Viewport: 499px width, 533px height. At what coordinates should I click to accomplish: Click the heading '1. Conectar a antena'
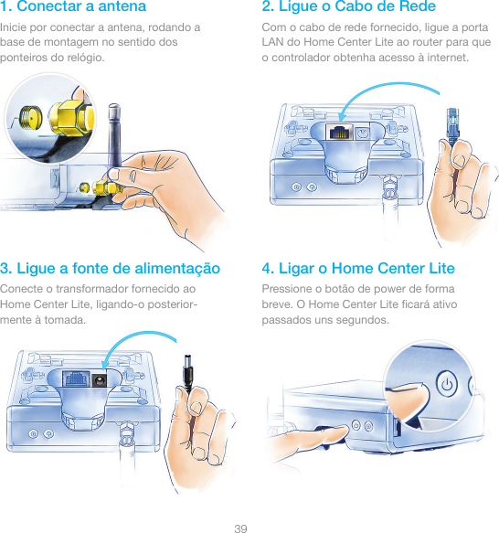pos(73,6)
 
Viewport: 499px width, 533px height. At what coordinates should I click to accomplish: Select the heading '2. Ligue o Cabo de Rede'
pos(349,6)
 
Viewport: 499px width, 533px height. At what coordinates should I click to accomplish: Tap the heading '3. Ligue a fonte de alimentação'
pos(111,269)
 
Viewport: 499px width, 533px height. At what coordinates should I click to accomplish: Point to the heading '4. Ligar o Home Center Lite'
pos(358,268)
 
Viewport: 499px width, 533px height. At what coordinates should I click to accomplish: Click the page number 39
pos(240,528)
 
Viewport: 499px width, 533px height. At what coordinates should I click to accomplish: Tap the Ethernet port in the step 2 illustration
pos(339,132)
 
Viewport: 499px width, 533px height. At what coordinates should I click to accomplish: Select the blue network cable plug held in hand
pos(452,125)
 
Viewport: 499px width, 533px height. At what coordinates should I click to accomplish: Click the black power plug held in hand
pos(188,371)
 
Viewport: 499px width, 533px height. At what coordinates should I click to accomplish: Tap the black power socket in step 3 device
pos(99,379)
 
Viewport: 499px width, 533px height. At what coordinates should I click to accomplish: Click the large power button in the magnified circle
pos(446,385)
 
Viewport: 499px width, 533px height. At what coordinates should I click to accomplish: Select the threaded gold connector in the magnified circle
pos(30,117)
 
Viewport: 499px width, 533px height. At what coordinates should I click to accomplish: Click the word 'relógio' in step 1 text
pos(85,58)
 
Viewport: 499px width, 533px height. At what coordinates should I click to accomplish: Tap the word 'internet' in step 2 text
pos(448,58)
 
